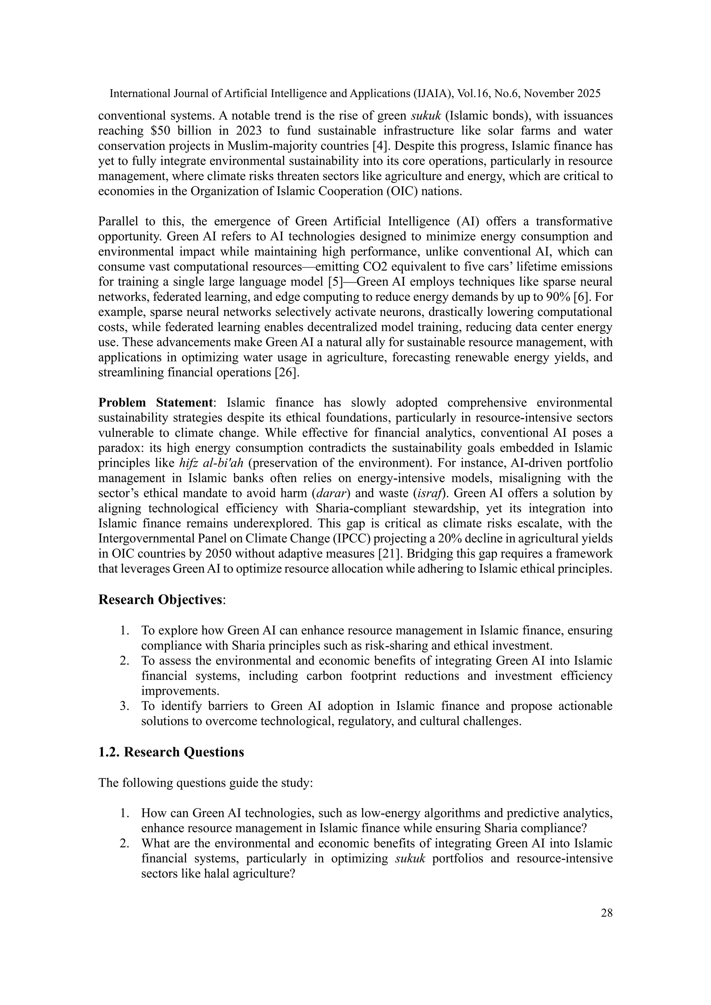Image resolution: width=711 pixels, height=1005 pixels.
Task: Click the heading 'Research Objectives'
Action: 160,600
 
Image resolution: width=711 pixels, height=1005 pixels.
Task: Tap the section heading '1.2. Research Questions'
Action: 171,752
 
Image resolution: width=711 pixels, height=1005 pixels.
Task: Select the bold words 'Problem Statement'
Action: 156,403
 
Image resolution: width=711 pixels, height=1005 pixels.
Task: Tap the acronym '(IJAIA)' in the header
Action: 428,94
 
